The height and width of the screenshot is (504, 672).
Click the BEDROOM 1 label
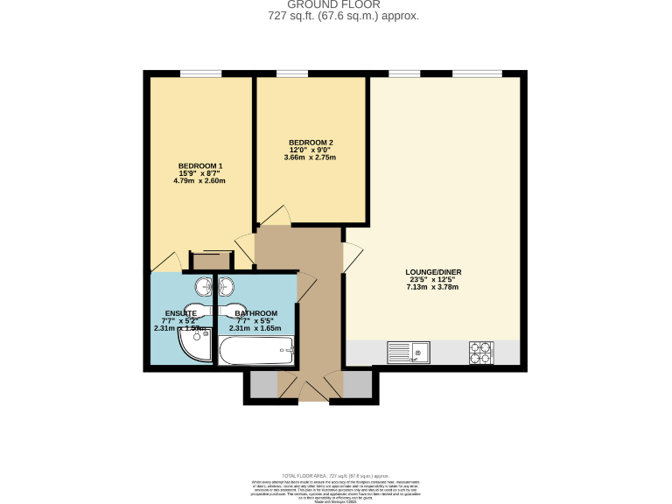200,166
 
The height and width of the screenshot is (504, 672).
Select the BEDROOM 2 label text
310,143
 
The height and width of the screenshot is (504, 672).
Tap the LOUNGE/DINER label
432,271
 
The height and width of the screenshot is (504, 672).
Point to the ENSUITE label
180,313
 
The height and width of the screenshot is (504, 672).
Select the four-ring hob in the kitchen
480,353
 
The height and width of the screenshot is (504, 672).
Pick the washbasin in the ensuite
203,286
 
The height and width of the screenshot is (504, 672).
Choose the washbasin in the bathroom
227,286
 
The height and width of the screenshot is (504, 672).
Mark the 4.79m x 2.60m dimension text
200,181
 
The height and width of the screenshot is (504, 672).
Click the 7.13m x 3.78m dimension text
432,287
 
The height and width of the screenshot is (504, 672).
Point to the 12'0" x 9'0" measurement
310,150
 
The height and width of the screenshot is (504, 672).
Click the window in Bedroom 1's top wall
200,73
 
